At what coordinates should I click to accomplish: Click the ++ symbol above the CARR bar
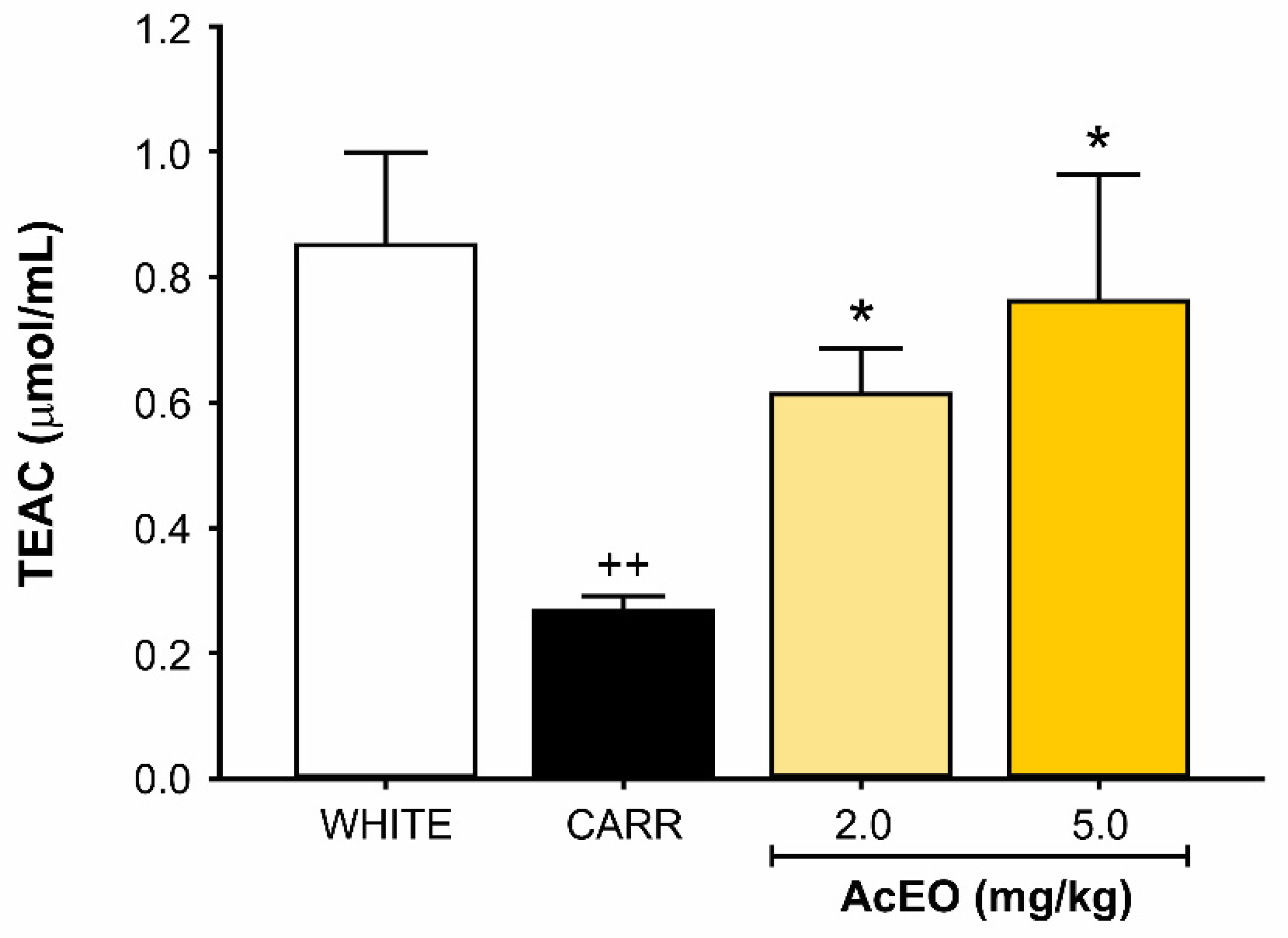623,565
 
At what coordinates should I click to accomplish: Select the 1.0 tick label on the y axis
162,155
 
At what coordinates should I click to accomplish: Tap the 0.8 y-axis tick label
162,279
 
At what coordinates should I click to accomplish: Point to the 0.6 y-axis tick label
162,405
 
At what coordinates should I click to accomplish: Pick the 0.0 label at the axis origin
162,779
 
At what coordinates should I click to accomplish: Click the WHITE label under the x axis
386,825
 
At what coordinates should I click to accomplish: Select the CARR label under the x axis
624,825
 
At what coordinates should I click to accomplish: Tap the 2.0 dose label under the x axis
863,825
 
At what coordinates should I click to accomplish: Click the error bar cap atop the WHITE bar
386,152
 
